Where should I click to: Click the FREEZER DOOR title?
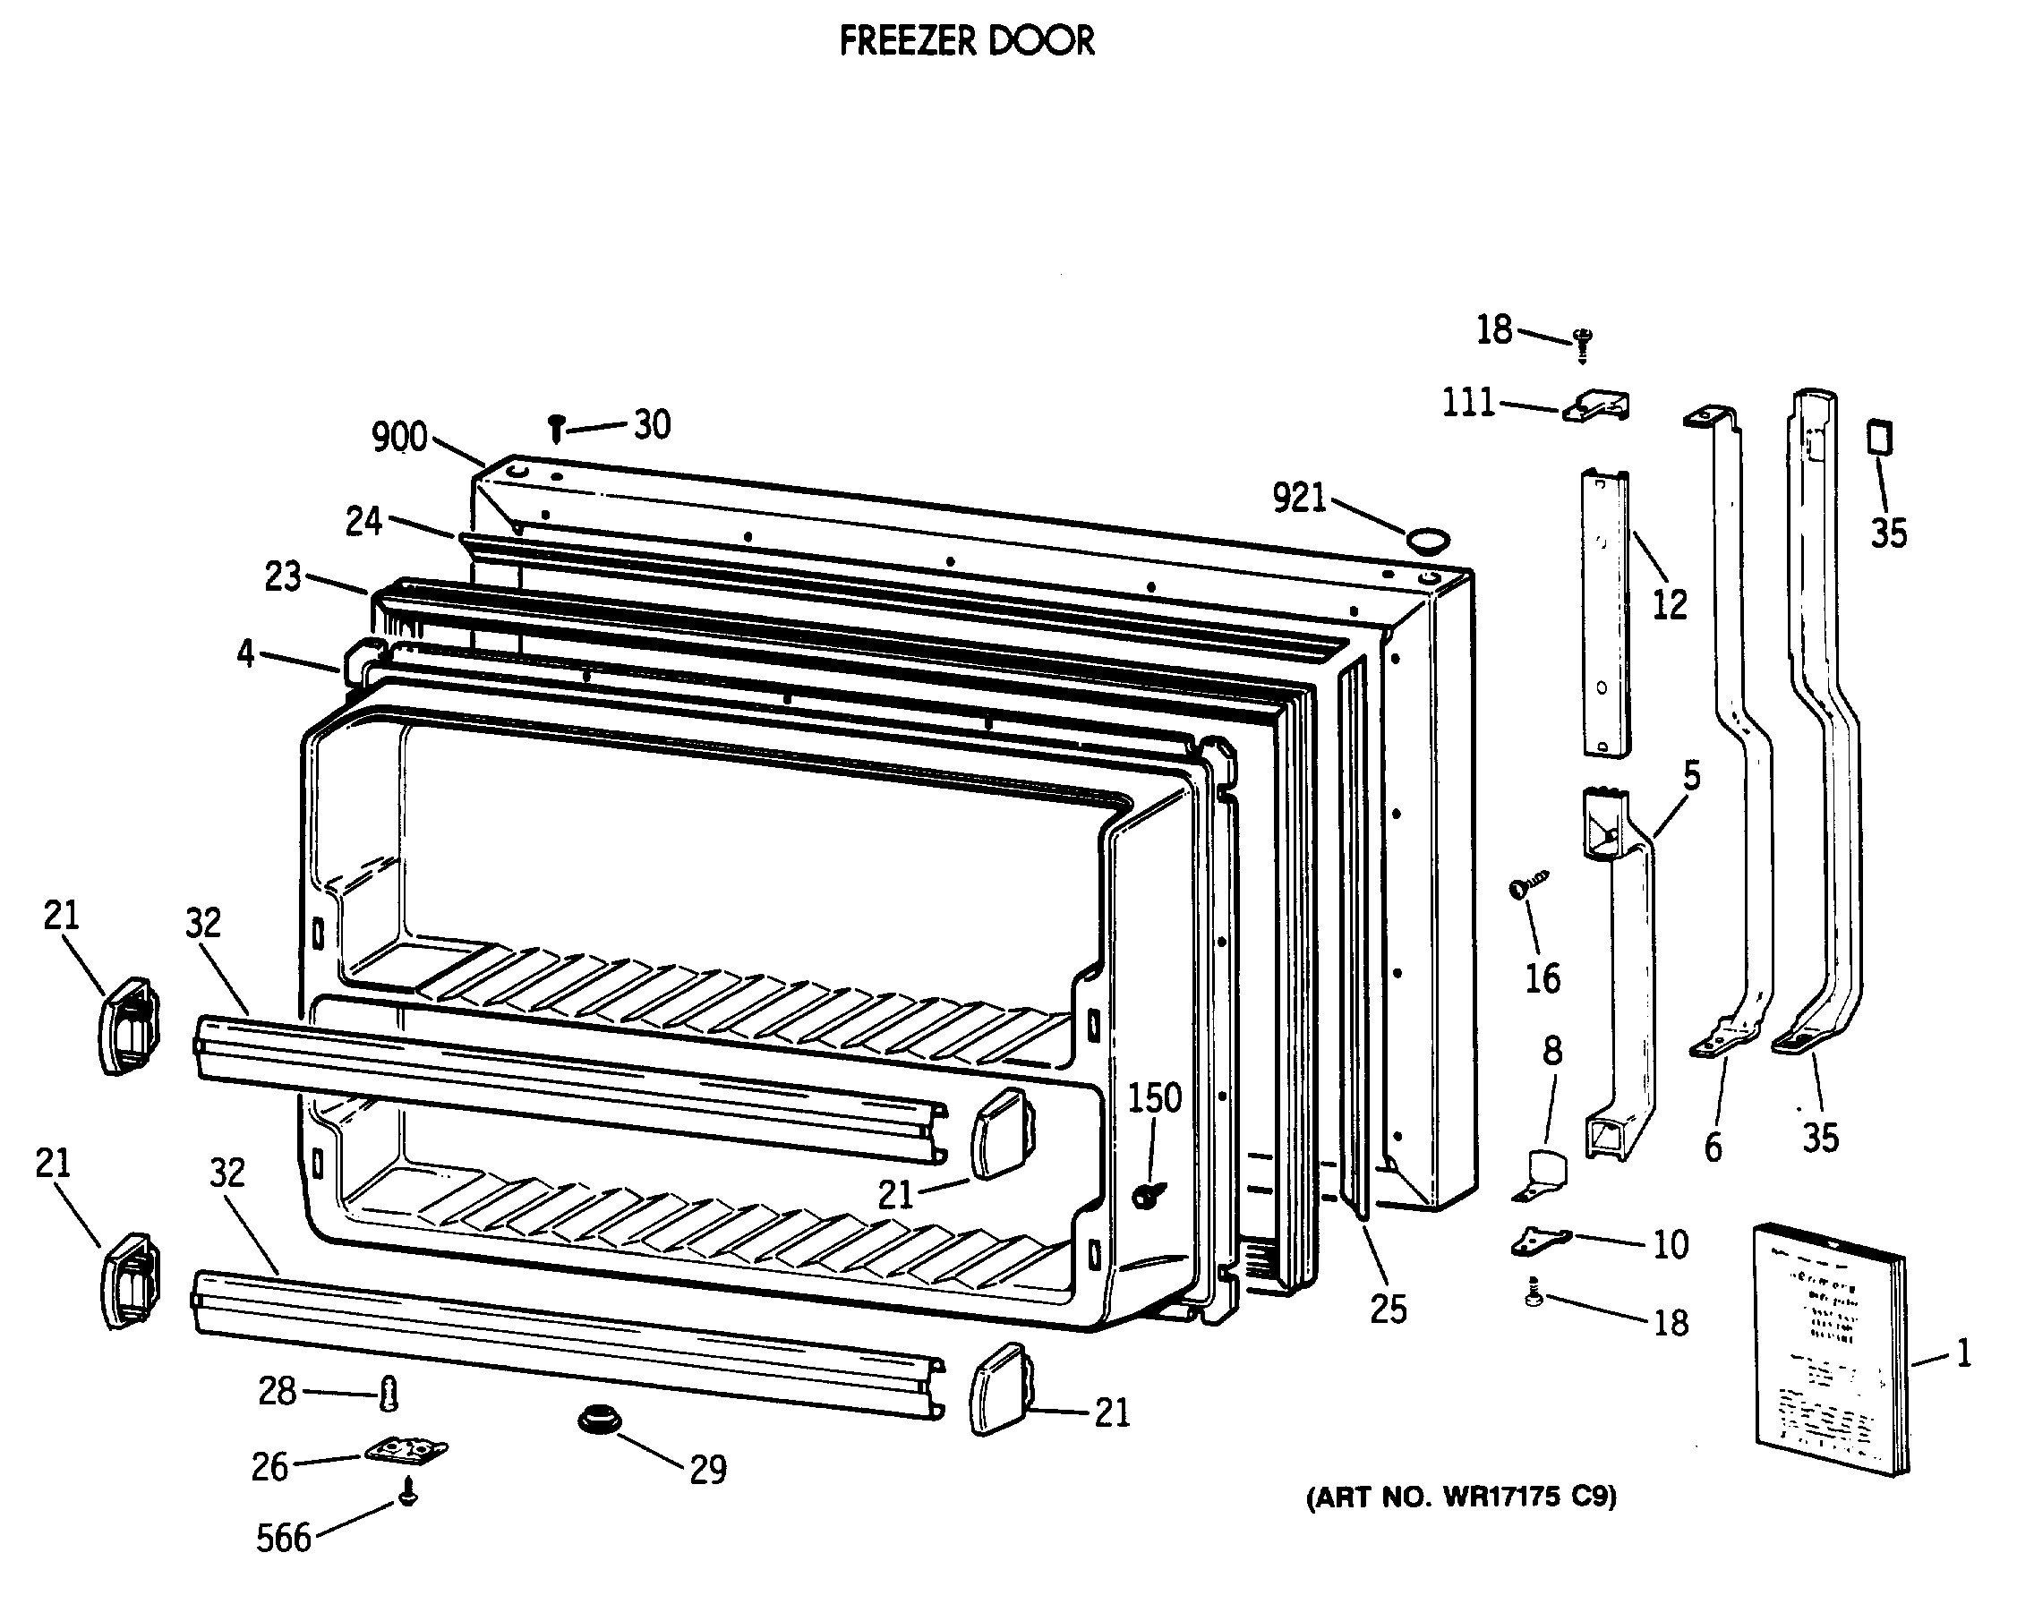click(x=966, y=41)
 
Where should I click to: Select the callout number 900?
click(x=399, y=438)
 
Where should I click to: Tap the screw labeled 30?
click(x=556, y=429)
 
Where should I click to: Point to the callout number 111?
click(x=1467, y=403)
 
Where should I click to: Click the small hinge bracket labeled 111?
click(x=1597, y=406)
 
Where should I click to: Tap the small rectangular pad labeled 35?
click(x=1879, y=438)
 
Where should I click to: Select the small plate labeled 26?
click(x=406, y=1452)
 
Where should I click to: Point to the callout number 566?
click(x=283, y=1539)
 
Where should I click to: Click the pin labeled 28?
click(x=389, y=1394)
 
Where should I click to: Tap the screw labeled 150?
click(x=1148, y=1194)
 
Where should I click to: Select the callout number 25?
click(x=1388, y=1309)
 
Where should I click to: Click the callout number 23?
click(x=283, y=576)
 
